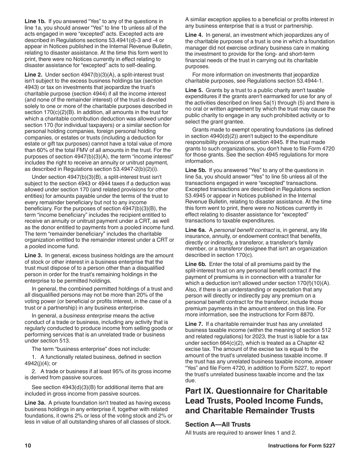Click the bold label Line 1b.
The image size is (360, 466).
coord(34,21)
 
